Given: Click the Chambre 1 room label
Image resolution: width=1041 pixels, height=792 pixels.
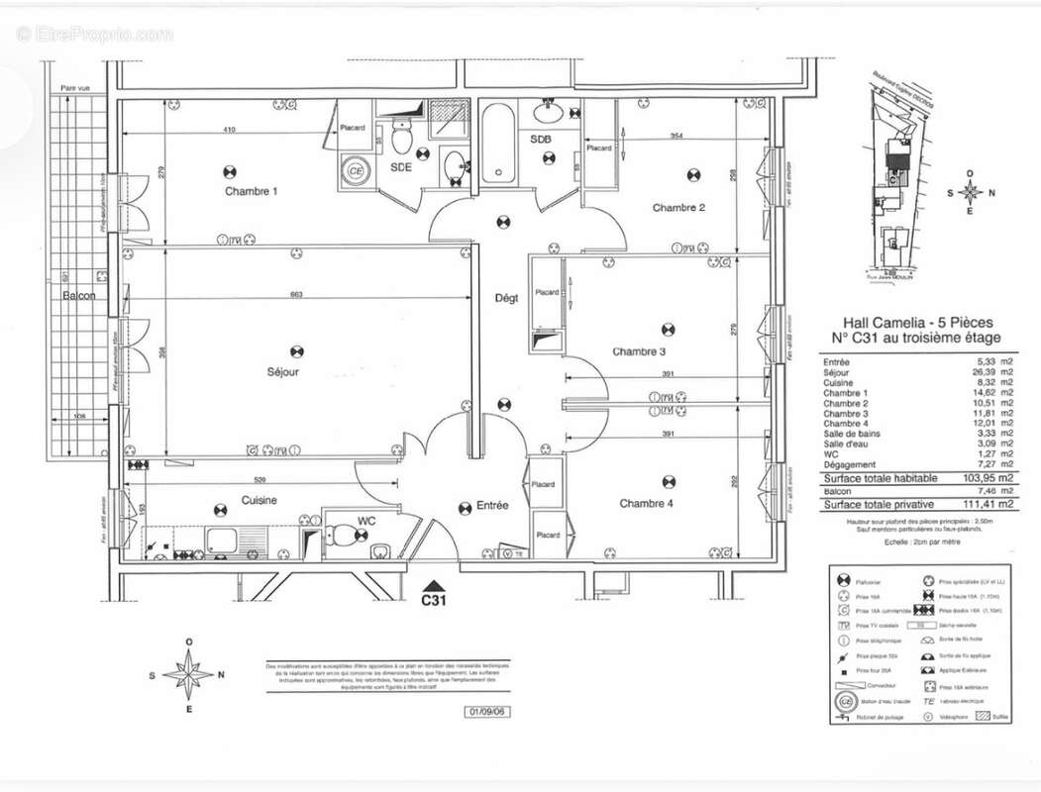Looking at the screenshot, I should click(x=251, y=191).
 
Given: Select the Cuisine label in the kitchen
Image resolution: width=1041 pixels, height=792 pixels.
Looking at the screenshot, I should click(x=259, y=501).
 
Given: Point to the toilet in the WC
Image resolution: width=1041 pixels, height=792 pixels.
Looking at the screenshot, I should click(x=340, y=536).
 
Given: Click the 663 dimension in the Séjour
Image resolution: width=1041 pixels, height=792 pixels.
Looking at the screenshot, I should click(x=296, y=295).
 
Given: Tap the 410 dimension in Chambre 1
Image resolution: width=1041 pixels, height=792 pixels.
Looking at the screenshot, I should click(x=229, y=130).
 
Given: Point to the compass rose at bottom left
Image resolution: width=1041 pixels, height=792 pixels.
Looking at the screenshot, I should click(x=188, y=675).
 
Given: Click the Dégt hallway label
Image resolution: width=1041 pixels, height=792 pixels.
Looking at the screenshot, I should click(x=507, y=298).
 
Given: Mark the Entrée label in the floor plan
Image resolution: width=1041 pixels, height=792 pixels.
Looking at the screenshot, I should click(x=491, y=506).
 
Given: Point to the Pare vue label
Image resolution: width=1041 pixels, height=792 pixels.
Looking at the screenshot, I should click(x=75, y=88).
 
